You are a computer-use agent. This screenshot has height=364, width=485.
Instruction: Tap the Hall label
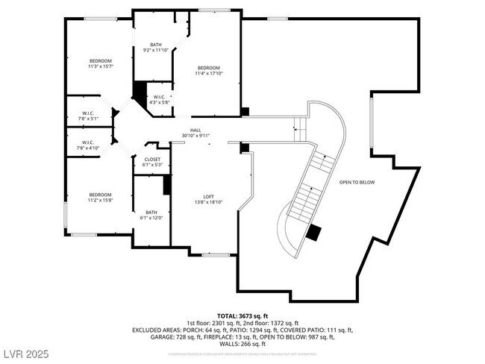pos(195,130)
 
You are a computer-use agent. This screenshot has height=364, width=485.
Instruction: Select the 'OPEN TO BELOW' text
pos(357,182)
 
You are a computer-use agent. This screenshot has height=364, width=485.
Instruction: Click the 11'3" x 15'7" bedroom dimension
pos(101,66)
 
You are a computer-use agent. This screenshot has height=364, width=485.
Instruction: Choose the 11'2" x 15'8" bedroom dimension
pos(101,201)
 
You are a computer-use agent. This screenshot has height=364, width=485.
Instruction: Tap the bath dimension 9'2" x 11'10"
pos(155,51)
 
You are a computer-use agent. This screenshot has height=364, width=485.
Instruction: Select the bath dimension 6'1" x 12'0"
pos(151,218)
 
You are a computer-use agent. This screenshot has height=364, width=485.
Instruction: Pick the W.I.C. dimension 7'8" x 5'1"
pos(87,118)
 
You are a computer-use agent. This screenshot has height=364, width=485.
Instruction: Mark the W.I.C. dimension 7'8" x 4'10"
pos(87,148)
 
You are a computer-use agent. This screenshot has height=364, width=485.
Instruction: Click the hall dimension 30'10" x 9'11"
pos(195,136)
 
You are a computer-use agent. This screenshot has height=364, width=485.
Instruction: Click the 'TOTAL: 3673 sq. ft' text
pos(242,316)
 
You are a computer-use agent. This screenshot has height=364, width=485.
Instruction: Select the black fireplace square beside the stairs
pos(313,231)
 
